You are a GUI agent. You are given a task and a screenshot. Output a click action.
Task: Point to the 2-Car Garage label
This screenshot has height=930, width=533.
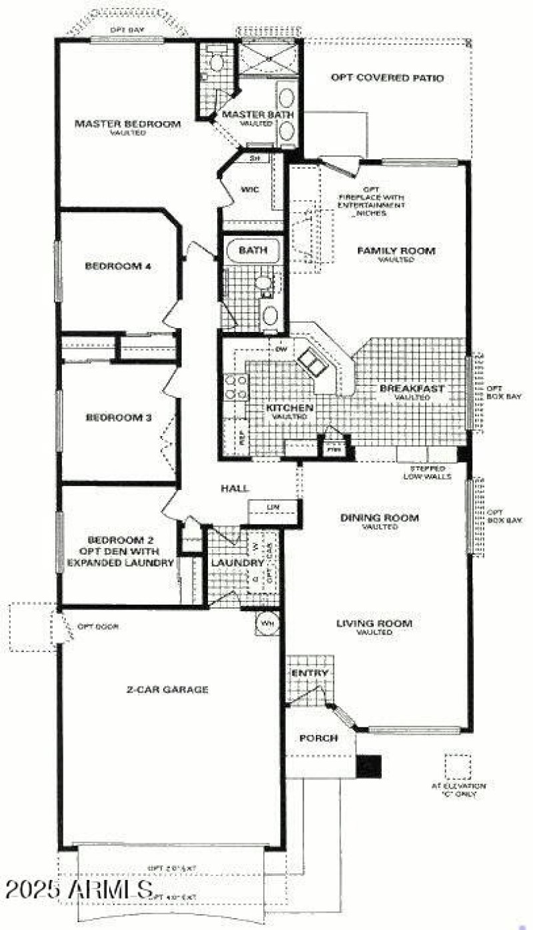tap(167, 689)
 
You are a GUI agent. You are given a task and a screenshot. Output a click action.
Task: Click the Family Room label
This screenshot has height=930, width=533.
tap(396, 251)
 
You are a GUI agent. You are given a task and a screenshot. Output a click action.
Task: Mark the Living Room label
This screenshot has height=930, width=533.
tap(374, 624)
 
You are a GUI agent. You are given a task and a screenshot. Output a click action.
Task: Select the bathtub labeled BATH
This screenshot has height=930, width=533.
tap(254, 251)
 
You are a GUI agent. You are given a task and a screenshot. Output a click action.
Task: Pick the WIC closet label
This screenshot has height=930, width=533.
tap(250, 190)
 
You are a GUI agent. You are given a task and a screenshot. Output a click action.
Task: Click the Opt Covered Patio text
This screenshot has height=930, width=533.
tap(387, 78)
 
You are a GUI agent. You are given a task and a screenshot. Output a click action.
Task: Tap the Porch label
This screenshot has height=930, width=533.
tap(318, 738)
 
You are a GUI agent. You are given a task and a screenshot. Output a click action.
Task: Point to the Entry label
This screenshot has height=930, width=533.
tap(310, 673)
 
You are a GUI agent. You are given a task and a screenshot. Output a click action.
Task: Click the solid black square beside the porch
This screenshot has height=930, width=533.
tap(368, 766)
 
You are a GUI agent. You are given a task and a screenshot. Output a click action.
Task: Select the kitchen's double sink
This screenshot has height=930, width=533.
tap(311, 361)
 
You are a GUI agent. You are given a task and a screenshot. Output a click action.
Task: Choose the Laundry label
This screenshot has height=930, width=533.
tap(229, 563)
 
